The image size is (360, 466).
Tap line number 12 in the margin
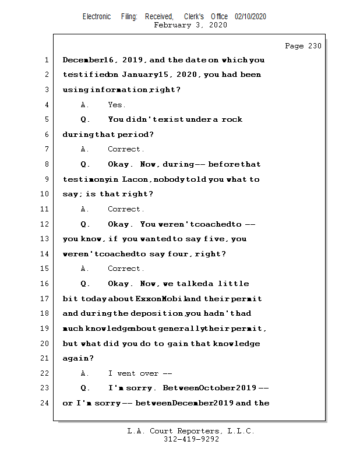click(x=46, y=224)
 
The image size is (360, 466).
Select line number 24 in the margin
click(x=46, y=403)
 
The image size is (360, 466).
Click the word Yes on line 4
click(x=116, y=105)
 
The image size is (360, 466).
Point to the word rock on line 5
click(x=231, y=119)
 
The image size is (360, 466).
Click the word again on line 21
click(x=76, y=358)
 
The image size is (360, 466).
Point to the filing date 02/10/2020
click(x=250, y=17)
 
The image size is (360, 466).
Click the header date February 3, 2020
click(x=190, y=25)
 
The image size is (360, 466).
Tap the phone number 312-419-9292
click(x=191, y=440)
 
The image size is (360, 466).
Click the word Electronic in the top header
click(x=97, y=17)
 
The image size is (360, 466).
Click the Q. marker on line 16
click(x=85, y=284)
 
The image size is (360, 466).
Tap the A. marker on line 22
click(x=85, y=373)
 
